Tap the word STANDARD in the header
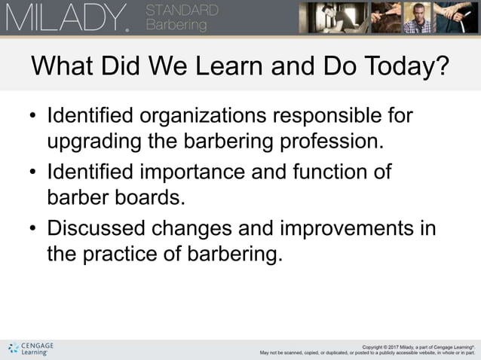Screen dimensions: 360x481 pos(181,11)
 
